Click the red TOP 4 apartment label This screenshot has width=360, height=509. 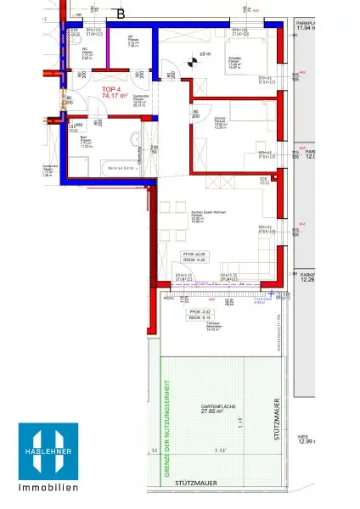[x=110, y=88]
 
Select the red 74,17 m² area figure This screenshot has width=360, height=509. [x=114, y=97]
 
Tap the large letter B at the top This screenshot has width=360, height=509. [x=121, y=14]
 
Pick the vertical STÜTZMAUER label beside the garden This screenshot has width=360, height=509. [x=277, y=419]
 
